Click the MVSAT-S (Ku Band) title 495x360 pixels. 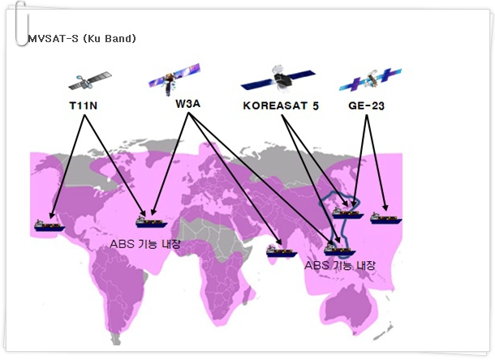pos(82,38)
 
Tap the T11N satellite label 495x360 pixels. pos(84,105)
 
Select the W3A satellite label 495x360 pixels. pos(187,104)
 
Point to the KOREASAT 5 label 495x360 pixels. pos(281,105)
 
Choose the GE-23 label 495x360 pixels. pos(366,105)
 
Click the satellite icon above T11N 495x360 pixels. pos(90,81)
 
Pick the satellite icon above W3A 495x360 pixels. pos(174,79)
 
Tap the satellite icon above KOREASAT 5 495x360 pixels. pos(278,79)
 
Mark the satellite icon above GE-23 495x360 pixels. pos(370,79)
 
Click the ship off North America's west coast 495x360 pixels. pos(49,225)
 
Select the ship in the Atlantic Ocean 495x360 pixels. pos(151,222)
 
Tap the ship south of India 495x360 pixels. pos(282,251)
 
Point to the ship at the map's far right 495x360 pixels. pos(385,218)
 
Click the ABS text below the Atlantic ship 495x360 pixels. pos(145,244)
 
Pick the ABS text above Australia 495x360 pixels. pos(340,265)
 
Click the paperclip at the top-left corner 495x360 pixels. pos(21,24)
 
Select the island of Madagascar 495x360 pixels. pos(248,294)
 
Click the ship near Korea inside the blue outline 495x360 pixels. pos(348,213)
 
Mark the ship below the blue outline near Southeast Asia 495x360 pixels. pos(340,250)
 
